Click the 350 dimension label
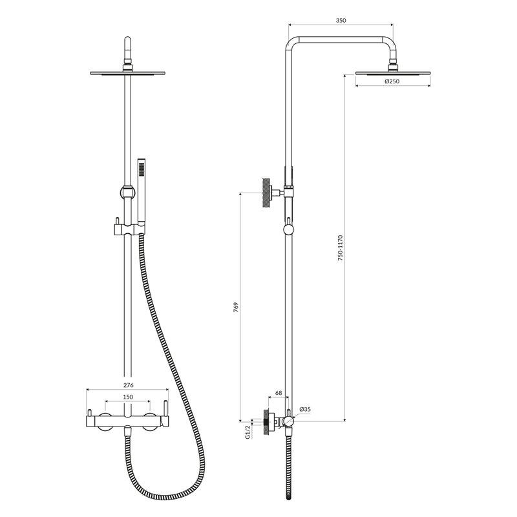pos(341,21)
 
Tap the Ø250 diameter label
pos(392,81)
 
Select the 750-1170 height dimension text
pos(341,248)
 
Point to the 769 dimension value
pos(236,308)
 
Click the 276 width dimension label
pos(128,385)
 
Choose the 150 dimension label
pos(128,397)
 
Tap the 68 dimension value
pos(279,393)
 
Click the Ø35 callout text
pos(305,409)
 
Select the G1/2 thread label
pos(248,431)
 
